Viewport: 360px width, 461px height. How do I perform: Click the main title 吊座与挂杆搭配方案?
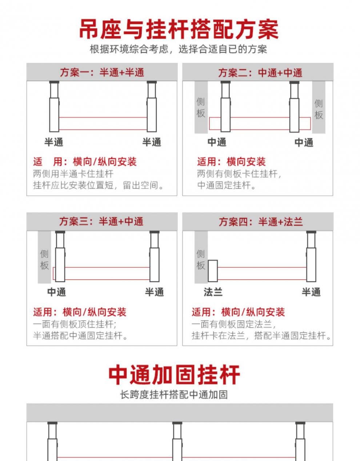pyautogui.click(x=179, y=30)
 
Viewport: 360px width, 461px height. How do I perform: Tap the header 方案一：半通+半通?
pyautogui.click(x=102, y=72)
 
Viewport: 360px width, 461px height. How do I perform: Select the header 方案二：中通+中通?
pyautogui.click(x=260, y=73)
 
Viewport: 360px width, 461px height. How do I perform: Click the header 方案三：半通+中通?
pyautogui.click(x=101, y=221)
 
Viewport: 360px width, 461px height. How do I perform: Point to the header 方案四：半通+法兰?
pyautogui.click(x=260, y=222)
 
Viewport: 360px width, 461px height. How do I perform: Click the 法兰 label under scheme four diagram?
pyautogui.click(x=213, y=292)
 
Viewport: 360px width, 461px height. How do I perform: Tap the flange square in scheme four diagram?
pyautogui.click(x=213, y=271)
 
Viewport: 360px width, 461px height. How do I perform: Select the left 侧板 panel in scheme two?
pyautogui.click(x=201, y=107)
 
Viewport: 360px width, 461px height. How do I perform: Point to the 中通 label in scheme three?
pyautogui.click(x=57, y=292)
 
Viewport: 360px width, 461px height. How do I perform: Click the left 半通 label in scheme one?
pyautogui.click(x=54, y=142)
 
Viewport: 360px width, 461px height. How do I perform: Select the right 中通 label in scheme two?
pyautogui.click(x=304, y=142)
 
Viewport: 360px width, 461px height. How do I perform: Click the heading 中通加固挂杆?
pyautogui.click(x=174, y=375)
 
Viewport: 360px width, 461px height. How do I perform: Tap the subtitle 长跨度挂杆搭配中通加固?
pyautogui.click(x=174, y=394)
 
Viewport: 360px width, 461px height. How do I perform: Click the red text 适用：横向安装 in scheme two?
pyautogui.click(x=231, y=162)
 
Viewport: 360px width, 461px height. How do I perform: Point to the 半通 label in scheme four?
pyautogui.click(x=311, y=292)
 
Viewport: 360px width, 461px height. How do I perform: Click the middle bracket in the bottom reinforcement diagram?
pyautogui.click(x=177, y=442)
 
